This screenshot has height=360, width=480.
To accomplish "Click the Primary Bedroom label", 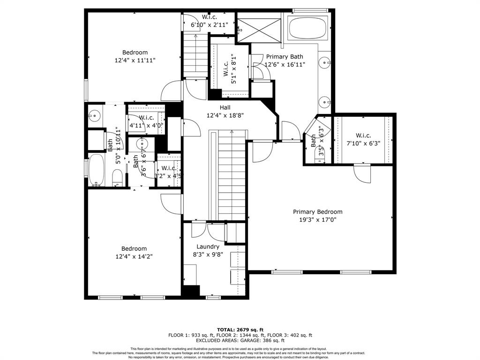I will (x=317, y=212).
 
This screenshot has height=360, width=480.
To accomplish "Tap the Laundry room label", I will (x=208, y=247).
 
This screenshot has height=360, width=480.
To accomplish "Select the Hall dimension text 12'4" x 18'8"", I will (x=225, y=115).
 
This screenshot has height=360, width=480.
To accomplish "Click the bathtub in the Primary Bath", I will (x=309, y=28).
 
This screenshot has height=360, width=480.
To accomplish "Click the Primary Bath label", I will (x=285, y=57).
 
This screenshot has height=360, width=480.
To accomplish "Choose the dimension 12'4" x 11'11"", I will (x=135, y=60).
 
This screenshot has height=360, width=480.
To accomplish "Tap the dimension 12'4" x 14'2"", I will (x=134, y=256).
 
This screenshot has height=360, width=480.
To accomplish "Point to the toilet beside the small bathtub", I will (x=118, y=178).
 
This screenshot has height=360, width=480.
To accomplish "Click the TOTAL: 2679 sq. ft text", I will (x=240, y=330).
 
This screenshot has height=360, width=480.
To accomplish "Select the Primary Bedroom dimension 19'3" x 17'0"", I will (x=317, y=219).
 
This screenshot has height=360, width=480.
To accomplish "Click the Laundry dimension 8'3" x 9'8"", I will (x=208, y=255).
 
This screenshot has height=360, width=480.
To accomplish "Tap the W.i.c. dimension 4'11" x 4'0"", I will (x=146, y=125).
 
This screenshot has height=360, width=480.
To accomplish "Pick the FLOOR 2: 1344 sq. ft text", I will (x=240, y=335).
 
